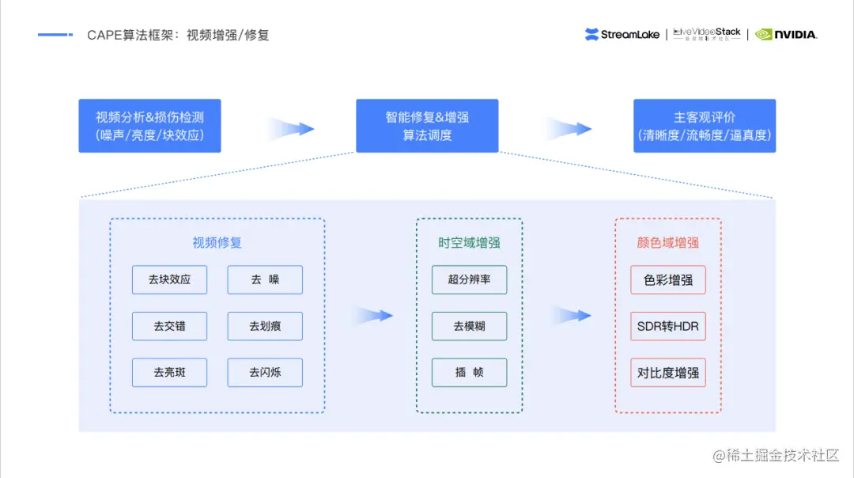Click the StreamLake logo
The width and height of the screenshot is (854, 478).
(622, 35)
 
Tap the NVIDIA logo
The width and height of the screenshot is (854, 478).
(786, 35)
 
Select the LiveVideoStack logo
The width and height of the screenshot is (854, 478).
(707, 34)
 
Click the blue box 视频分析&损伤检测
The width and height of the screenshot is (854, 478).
(149, 126)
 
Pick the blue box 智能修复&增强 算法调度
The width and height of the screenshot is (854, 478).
(427, 126)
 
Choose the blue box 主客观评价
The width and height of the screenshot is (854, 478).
(705, 126)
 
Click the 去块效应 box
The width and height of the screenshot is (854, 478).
(169, 279)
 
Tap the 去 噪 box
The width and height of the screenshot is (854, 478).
(265, 279)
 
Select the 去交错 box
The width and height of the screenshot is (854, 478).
(169, 326)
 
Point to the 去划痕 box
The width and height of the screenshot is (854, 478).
(265, 326)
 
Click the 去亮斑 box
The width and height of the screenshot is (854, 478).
(169, 372)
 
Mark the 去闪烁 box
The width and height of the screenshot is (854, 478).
(265, 372)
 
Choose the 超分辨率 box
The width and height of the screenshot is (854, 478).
(469, 279)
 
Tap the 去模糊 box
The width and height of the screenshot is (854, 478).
(469, 326)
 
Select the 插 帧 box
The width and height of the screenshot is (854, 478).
(469, 372)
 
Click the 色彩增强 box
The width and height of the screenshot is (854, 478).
(668, 279)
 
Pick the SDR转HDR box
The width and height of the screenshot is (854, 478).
(668, 326)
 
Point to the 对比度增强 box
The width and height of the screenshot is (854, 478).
(668, 372)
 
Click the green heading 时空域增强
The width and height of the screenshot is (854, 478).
(469, 243)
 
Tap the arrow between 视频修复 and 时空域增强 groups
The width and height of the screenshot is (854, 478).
(372, 316)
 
